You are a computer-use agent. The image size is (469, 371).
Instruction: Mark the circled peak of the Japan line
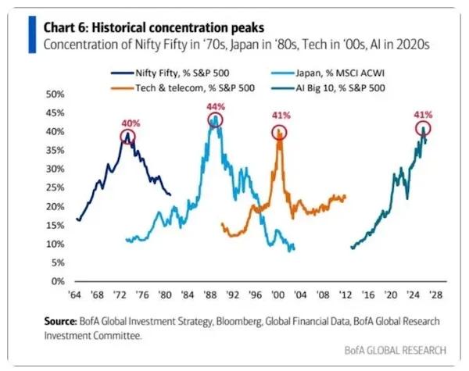tap(214, 120)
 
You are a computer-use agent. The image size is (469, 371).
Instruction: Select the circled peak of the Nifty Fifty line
tap(127, 136)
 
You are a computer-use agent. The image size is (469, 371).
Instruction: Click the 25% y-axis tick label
tap(55, 187)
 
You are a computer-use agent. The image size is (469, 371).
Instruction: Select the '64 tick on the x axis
tap(76, 296)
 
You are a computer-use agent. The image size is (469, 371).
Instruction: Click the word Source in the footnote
tap(59, 321)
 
